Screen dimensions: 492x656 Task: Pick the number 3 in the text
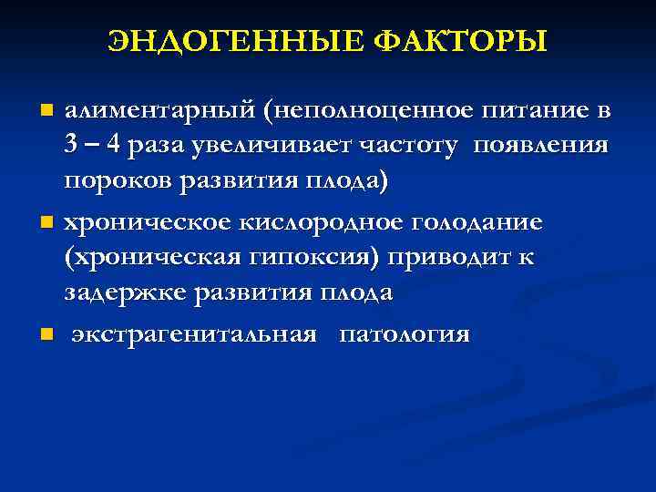(x=71, y=146)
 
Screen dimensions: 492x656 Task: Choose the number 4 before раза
(x=114, y=146)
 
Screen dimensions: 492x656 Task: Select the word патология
(x=405, y=335)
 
